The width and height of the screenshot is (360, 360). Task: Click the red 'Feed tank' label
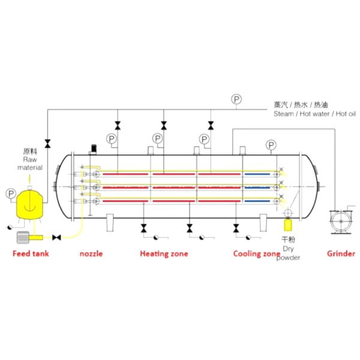coord(31,254)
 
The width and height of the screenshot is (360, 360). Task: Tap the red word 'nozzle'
coord(91,254)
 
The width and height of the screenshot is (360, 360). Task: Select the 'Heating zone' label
coord(164,254)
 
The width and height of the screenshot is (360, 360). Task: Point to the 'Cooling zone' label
coord(257,254)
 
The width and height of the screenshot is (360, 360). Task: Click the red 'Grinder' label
coord(341,254)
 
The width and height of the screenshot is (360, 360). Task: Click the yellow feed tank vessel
coord(29,205)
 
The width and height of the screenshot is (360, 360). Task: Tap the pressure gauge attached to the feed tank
coord(11,194)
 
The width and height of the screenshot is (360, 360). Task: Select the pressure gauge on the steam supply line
coord(236,100)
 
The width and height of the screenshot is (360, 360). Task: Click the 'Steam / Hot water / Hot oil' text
coord(314,114)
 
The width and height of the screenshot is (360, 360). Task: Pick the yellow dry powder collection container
coord(288,225)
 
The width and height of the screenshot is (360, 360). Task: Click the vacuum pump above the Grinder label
coord(341,221)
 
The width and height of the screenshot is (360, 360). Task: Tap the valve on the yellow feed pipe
coord(56,238)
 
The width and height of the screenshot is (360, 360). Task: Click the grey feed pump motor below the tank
coord(23,238)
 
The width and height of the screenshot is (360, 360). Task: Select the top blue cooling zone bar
coord(257,174)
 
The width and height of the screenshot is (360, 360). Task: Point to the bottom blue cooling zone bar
coord(257,201)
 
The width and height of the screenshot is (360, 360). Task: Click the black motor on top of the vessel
coord(94,148)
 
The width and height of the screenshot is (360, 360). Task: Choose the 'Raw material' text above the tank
coord(30,163)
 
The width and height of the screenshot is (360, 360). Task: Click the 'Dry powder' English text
coord(289,253)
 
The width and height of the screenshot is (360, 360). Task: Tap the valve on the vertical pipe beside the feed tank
coord(48,143)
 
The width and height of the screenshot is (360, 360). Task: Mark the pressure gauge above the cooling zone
coord(271,145)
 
